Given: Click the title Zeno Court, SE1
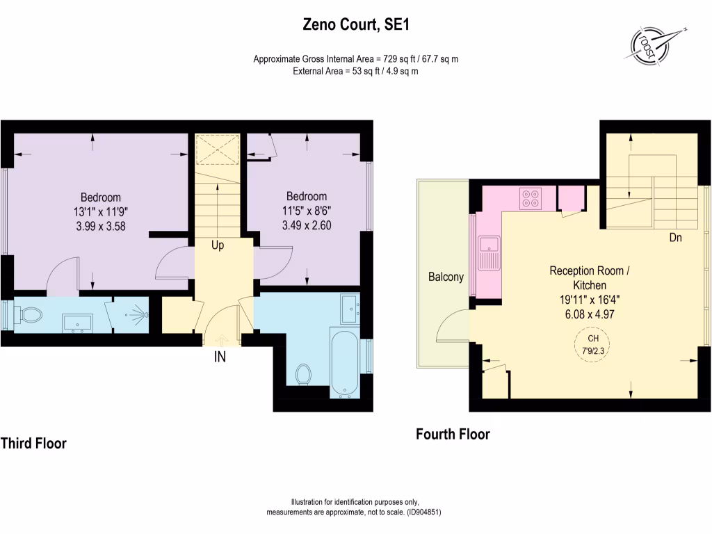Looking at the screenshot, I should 355,26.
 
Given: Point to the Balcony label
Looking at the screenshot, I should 446,277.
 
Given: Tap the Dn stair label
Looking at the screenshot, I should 674,238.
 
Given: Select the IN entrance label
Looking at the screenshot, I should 219,357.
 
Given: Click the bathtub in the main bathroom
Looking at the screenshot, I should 345,364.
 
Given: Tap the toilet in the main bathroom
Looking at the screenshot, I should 303,374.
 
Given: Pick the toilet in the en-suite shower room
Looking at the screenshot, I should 30,316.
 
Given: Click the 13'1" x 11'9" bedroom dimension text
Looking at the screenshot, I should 100,211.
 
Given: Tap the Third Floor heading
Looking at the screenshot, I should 33,443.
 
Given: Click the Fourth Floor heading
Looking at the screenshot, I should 453,435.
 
